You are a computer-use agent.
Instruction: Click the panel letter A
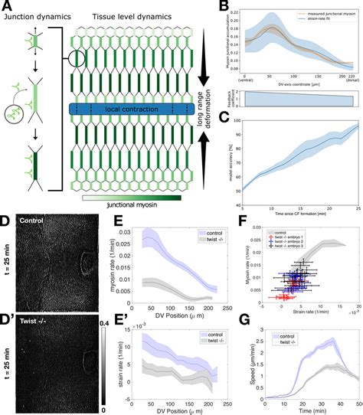[5, 6]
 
